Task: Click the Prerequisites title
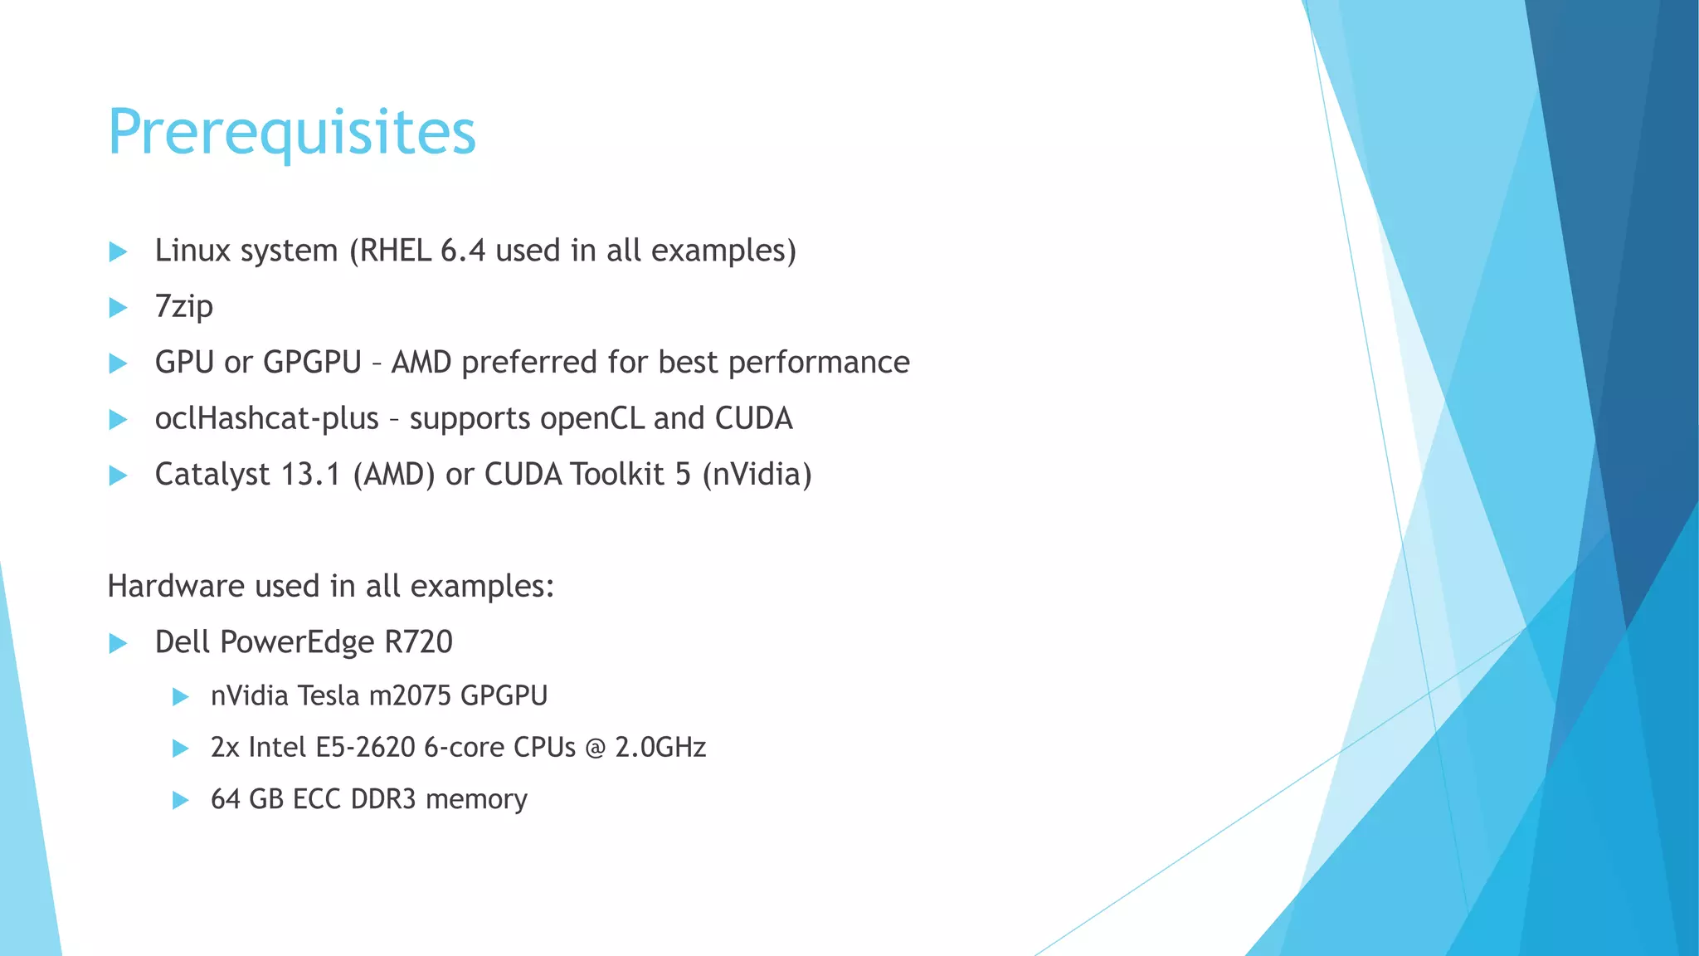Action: (x=292, y=133)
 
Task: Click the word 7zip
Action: (x=184, y=307)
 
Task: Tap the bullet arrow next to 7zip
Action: (x=118, y=308)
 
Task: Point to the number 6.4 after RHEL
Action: (x=462, y=251)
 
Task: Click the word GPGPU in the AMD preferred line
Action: (x=312, y=363)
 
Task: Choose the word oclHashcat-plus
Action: (x=266, y=418)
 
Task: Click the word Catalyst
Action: (x=212, y=475)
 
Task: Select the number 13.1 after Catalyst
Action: (x=311, y=475)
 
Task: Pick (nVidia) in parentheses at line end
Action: (x=757, y=475)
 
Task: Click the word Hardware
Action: (x=176, y=586)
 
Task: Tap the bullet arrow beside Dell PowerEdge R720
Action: (x=118, y=643)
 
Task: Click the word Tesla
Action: (x=328, y=695)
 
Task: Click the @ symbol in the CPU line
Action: (x=595, y=748)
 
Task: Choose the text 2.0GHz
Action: (x=660, y=748)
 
